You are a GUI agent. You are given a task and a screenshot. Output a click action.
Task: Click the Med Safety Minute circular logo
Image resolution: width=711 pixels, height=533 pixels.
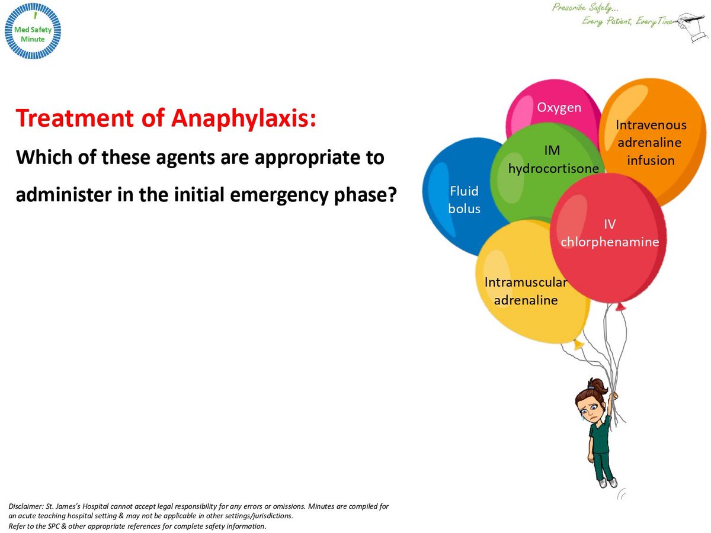point(33,31)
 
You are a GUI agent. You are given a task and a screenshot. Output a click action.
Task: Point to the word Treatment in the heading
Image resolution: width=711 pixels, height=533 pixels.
point(75,117)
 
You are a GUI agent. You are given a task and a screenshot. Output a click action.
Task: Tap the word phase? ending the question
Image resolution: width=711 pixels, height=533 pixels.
point(366,195)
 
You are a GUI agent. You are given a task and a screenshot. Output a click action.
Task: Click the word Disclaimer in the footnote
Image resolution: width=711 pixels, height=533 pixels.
point(26,506)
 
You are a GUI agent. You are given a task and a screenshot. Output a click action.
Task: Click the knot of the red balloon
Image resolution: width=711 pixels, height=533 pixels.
point(620,306)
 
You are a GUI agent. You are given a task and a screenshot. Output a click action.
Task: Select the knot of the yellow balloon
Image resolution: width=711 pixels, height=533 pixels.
point(577,344)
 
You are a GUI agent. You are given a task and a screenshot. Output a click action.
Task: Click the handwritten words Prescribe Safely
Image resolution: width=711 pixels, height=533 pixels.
point(585,8)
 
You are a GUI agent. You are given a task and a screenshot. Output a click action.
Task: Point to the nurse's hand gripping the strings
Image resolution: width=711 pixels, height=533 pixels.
point(613,396)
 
